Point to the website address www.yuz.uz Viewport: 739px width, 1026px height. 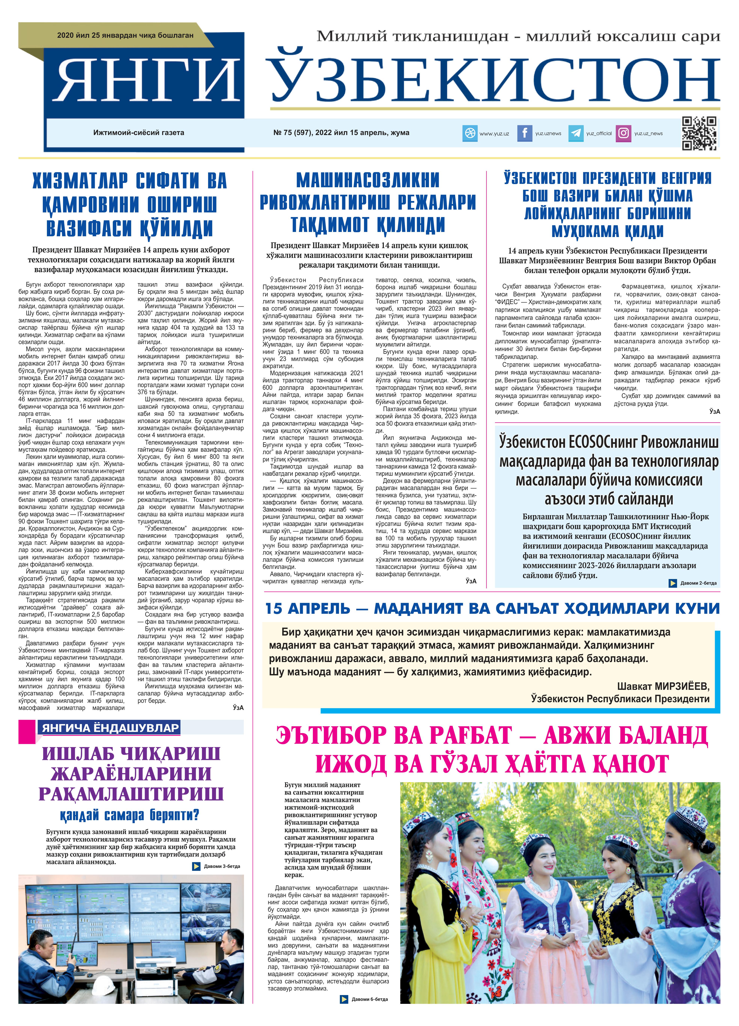click(x=494, y=134)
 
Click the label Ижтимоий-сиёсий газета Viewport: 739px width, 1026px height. click(x=139, y=133)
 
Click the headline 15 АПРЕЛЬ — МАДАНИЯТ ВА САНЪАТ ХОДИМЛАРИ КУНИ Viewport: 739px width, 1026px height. click(x=492, y=609)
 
